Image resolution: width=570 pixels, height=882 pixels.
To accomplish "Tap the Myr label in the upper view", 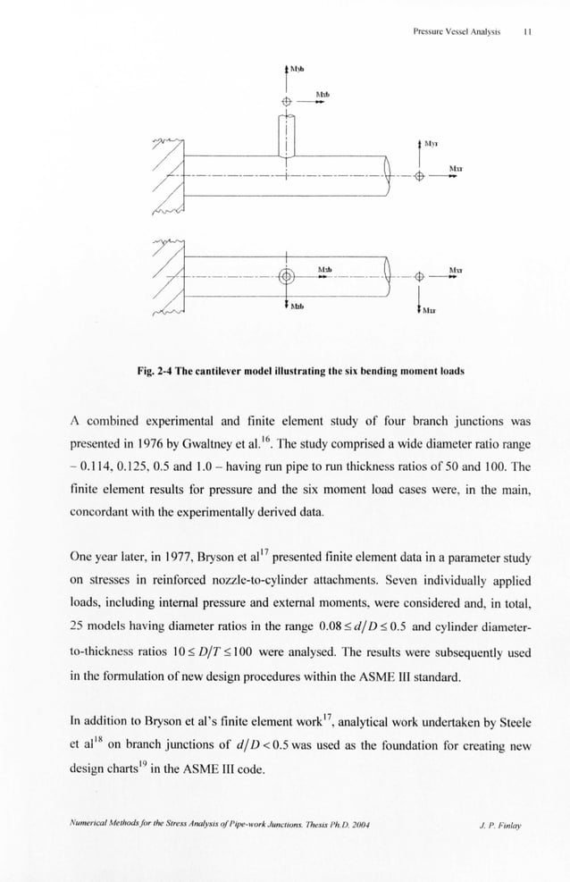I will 431,142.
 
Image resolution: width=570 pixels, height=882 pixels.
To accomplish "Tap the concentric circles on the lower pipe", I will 286,276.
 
